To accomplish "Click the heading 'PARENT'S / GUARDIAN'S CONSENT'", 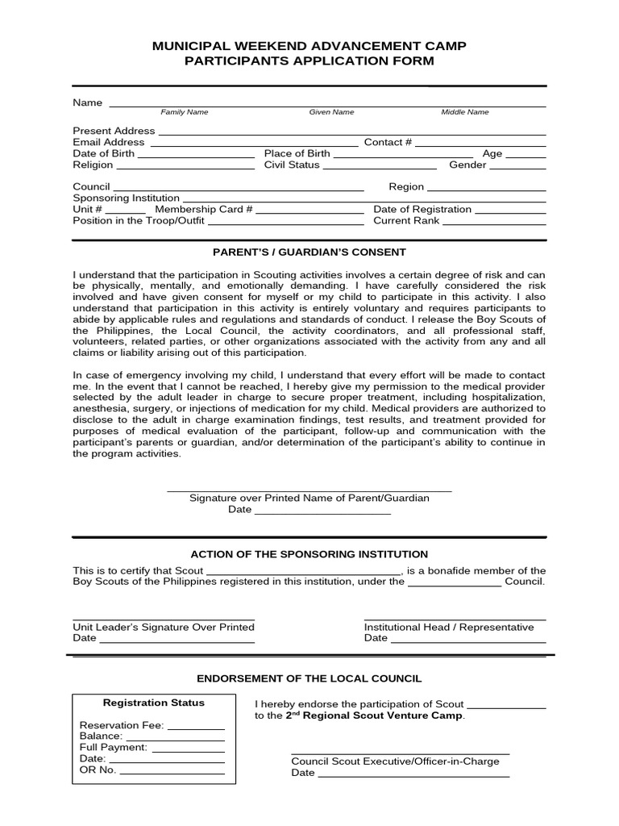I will [309, 252].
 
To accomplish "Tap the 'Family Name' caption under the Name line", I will [184, 112].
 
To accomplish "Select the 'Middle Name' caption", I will [464, 112].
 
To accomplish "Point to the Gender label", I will [467, 165].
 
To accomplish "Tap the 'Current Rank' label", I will [406, 220].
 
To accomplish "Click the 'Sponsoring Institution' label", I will [126, 198].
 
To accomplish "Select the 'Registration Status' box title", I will [154, 703].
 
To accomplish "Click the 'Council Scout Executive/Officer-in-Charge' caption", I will [395, 761].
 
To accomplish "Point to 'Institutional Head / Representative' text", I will [449, 627].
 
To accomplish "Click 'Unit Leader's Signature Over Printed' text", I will [164, 627].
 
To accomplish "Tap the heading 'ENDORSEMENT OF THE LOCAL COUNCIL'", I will [309, 679].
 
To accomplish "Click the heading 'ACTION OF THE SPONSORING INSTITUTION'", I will [309, 554].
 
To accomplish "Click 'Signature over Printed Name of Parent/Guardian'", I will [309, 498].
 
